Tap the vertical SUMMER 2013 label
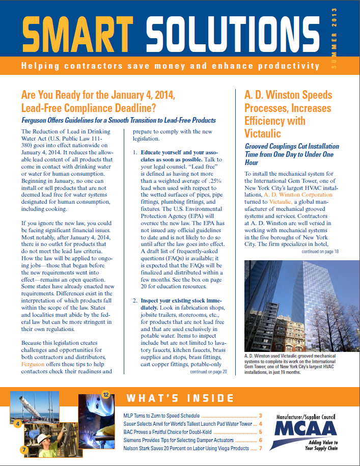(335, 38)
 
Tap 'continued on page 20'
(208, 372)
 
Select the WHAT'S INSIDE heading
(180, 398)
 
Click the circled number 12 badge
(106, 394)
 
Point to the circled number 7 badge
(24, 450)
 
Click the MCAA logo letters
(305, 428)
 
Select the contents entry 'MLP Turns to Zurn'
(161, 416)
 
